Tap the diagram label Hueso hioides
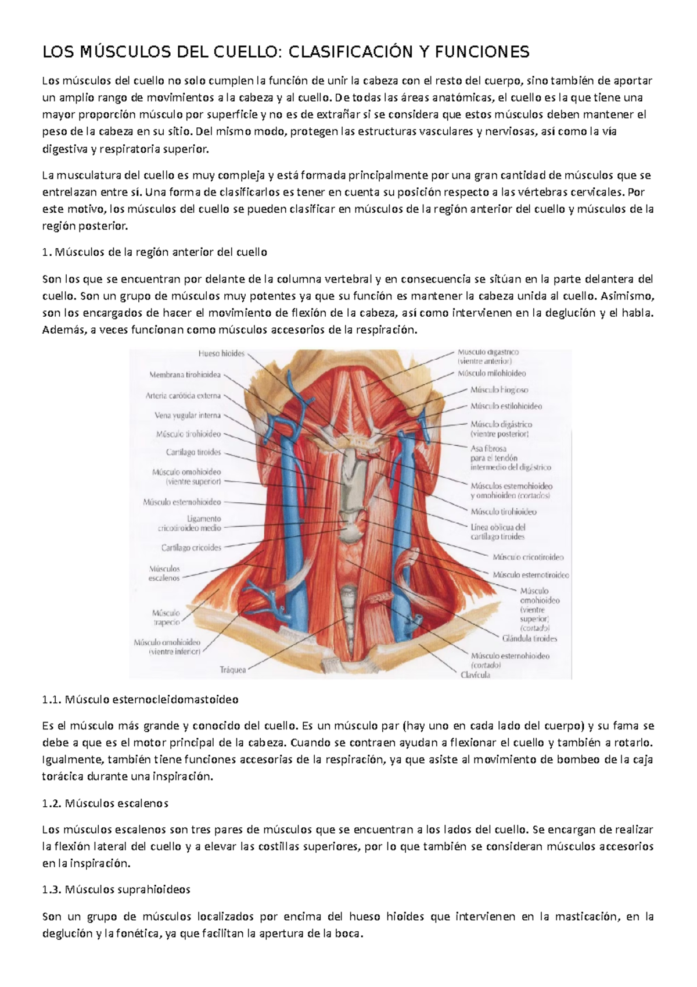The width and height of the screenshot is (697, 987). (x=222, y=353)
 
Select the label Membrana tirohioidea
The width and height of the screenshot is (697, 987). (x=185, y=375)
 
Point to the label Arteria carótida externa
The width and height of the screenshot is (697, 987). (x=183, y=396)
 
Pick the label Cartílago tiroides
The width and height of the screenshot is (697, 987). (x=193, y=452)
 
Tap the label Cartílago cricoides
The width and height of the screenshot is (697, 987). (x=191, y=548)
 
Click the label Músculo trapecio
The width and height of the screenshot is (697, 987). (x=166, y=617)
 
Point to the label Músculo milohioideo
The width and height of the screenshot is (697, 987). (x=491, y=373)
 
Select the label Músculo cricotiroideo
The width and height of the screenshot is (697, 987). (x=528, y=557)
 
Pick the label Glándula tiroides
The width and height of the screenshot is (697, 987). (x=529, y=638)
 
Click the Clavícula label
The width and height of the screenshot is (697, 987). (x=475, y=675)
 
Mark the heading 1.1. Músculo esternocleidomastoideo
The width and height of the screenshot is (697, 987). (x=141, y=699)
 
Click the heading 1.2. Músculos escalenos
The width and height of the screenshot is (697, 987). (x=106, y=804)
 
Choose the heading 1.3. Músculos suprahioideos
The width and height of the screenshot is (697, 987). (x=117, y=890)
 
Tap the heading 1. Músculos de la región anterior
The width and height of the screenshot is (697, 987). (x=155, y=253)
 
